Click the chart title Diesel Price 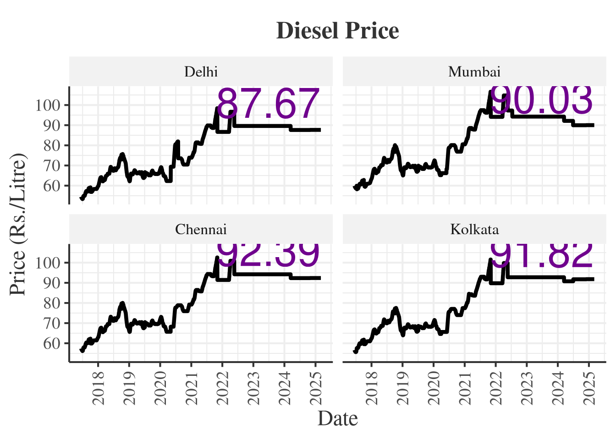click(x=338, y=31)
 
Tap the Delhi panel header click(x=201, y=72)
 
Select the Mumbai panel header click(x=474, y=72)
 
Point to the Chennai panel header click(x=201, y=230)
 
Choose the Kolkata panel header click(x=474, y=230)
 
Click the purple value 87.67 click(x=268, y=104)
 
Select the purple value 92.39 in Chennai click(x=268, y=255)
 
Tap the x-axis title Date click(x=338, y=418)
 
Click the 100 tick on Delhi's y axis click(x=48, y=105)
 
